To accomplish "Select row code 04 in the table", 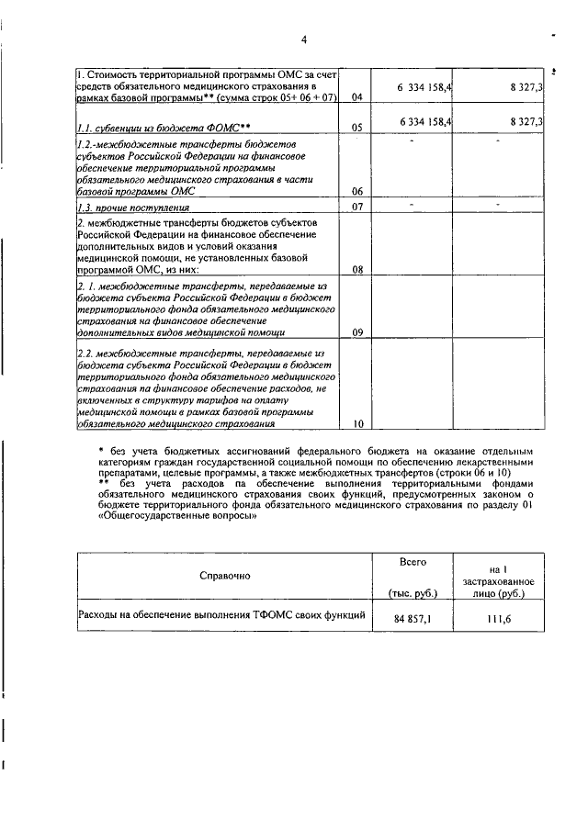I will pyautogui.click(x=357, y=97).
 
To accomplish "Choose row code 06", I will pyautogui.click(x=357, y=191).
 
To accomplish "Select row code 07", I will pyautogui.click(x=357, y=208).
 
